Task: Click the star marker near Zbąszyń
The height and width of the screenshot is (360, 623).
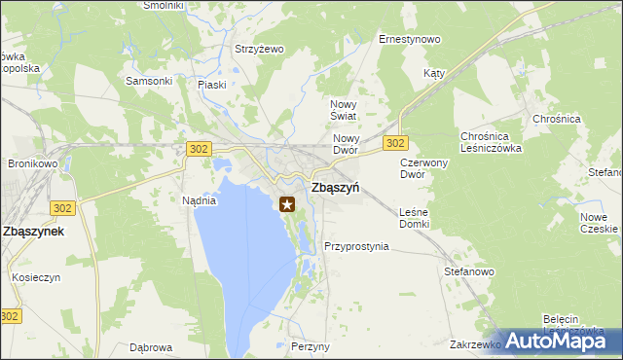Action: tap(287, 204)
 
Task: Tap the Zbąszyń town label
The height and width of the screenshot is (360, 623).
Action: tap(334, 189)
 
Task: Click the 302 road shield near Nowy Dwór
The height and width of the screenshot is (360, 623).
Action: tap(394, 143)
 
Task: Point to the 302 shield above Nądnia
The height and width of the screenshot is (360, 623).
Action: tap(198, 148)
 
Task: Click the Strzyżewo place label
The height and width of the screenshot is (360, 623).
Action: tap(258, 49)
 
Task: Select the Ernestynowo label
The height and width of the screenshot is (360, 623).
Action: tap(409, 40)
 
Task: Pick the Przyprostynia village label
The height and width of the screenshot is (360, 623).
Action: tap(356, 246)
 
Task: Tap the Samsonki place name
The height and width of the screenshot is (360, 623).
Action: tap(149, 81)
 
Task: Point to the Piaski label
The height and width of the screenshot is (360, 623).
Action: tap(211, 85)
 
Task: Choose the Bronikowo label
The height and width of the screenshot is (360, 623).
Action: tap(34, 164)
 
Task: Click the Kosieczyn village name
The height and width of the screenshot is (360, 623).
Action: tap(37, 277)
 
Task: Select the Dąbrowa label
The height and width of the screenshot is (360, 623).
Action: tap(151, 347)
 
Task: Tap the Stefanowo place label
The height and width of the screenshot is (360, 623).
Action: tap(469, 272)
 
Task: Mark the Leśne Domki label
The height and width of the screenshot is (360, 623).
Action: tap(414, 218)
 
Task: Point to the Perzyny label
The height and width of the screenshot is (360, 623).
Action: tap(310, 347)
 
